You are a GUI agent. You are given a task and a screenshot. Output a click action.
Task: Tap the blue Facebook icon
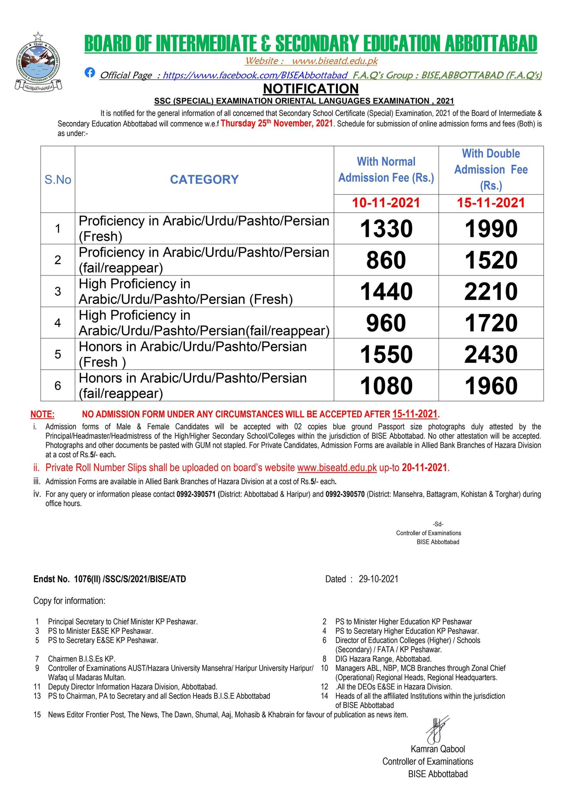pyautogui.click(x=90, y=72)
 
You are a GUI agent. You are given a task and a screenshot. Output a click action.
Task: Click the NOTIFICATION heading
pyautogui.click(x=310, y=88)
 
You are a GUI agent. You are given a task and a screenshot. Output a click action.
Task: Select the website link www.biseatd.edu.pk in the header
pyautogui.click(x=334, y=61)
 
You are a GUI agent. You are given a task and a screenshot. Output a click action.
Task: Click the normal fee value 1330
pyautogui.click(x=386, y=228)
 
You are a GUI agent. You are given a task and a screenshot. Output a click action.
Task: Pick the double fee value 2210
pyautogui.click(x=491, y=291)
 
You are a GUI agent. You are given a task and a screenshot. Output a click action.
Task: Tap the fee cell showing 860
pyautogui.click(x=386, y=260)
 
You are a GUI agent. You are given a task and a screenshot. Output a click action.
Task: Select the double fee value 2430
pyautogui.click(x=491, y=354)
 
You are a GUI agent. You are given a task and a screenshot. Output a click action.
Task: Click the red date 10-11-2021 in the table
pyautogui.click(x=386, y=203)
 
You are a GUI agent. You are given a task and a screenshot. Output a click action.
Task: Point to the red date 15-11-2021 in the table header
pyautogui.click(x=491, y=203)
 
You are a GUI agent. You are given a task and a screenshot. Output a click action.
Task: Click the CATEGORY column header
pyautogui.click(x=204, y=179)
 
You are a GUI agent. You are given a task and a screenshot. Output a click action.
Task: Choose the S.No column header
pyautogui.click(x=58, y=180)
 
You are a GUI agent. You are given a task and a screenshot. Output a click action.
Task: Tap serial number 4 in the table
pyautogui.click(x=58, y=323)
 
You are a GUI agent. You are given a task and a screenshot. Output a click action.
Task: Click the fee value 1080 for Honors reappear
pyautogui.click(x=386, y=385)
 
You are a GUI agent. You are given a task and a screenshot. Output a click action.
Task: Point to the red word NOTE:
pyautogui.click(x=42, y=414)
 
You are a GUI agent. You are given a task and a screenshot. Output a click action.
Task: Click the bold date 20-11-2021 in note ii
pyautogui.click(x=424, y=468)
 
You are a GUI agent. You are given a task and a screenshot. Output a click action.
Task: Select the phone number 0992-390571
pyautogui.click(x=196, y=494)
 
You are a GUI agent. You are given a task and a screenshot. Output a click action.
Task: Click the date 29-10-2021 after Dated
pyautogui.click(x=378, y=579)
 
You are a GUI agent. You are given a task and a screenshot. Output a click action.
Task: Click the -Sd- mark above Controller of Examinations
pyautogui.click(x=438, y=524)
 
